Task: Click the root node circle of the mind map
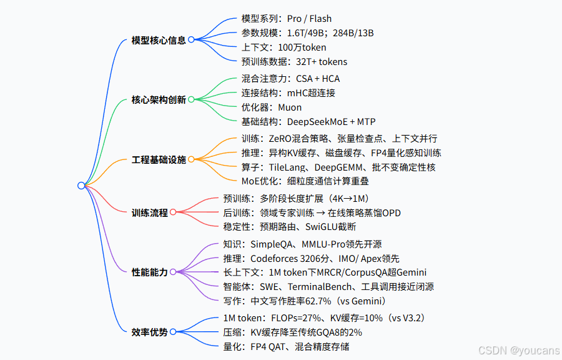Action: coord(81,185)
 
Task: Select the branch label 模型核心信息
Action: coord(159,40)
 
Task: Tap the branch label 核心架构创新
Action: coord(159,99)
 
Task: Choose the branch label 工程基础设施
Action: coord(159,159)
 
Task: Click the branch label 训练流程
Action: coord(150,212)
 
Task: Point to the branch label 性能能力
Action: coord(150,272)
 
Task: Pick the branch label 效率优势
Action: coord(150,332)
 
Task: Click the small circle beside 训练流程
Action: coord(173,212)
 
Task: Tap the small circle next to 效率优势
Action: coord(173,332)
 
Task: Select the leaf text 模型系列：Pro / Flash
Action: coord(287,19)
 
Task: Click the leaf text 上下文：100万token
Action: coord(283,47)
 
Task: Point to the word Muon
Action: coord(290,107)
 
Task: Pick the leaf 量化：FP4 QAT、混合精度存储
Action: coord(291,346)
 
